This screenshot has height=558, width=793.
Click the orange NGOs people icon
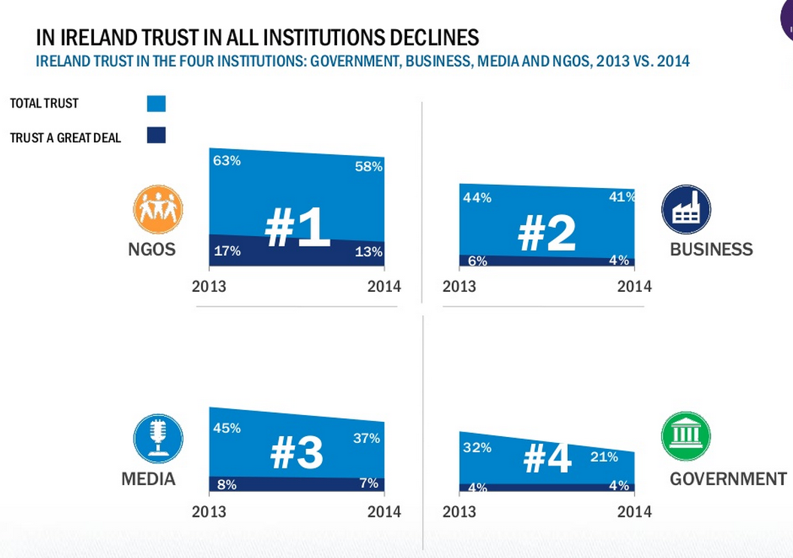[x=158, y=209]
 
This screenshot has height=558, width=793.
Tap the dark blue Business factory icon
[x=685, y=210]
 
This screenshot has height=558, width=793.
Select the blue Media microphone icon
[x=158, y=438]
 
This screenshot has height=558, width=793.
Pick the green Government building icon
[x=685, y=436]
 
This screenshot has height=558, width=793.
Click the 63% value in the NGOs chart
[x=226, y=161]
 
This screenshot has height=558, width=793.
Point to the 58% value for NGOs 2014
[x=369, y=167]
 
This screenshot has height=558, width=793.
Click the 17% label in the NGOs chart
[x=227, y=252]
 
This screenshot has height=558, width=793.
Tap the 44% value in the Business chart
[x=477, y=198]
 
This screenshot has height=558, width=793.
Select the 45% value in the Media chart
[x=226, y=428]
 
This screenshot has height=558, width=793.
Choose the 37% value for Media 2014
[x=366, y=438]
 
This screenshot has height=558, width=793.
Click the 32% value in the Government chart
[x=477, y=447]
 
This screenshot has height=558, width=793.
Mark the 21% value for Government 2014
[x=604, y=456]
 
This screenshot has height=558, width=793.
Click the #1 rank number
[x=298, y=229]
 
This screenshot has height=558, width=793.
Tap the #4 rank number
[x=548, y=458]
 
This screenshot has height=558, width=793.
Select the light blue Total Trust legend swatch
[x=156, y=103]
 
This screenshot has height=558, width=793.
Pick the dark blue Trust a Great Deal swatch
[x=156, y=135]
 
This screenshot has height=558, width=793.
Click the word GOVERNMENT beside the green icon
[x=728, y=479]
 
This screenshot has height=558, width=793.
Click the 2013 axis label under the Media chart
[x=209, y=512]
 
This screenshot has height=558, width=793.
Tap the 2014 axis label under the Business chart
[x=634, y=287]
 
